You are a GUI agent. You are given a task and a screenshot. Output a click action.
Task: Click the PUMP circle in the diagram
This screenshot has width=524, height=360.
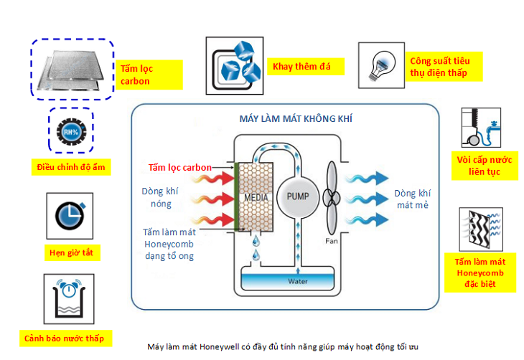(x=296, y=196)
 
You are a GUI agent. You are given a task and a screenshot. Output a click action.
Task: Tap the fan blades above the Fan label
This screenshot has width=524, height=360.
(x=331, y=197)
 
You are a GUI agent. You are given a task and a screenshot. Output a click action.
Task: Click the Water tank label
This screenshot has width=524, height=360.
(x=297, y=281)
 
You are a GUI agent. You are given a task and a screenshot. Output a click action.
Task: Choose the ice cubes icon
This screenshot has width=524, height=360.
(x=232, y=62)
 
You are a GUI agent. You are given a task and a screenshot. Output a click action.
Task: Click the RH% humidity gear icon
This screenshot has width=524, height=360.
(x=71, y=132)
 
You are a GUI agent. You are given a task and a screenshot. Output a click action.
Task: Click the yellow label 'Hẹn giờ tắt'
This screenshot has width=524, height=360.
(x=70, y=252)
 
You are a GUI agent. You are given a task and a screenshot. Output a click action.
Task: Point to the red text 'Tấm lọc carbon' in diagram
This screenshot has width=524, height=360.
(x=179, y=168)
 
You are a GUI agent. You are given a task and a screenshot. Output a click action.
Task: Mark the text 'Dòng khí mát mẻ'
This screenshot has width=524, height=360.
(x=413, y=199)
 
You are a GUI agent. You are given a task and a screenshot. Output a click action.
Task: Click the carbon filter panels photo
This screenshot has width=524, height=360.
(x=72, y=70)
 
